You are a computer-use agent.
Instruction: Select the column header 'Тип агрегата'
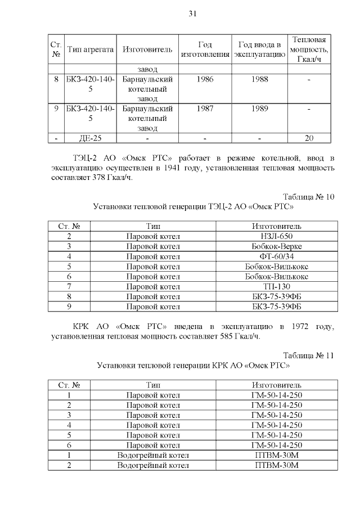coord(91,49)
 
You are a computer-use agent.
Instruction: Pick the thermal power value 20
coord(309,138)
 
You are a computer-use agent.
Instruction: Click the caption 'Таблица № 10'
coord(309,197)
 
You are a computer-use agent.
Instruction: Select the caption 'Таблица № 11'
coord(309,356)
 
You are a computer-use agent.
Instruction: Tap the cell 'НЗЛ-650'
coord(276,236)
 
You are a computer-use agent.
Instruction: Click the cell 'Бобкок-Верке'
coord(276,246)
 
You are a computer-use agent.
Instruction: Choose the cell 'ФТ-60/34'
coord(276,256)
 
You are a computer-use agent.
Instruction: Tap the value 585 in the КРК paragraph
coord(205,337)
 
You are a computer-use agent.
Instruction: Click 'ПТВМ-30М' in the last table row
coord(276,466)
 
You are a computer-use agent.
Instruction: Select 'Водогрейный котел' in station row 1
coord(153,456)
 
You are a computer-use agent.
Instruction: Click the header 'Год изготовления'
coord(205,49)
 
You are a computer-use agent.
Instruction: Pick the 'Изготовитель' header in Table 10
coord(276,226)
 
